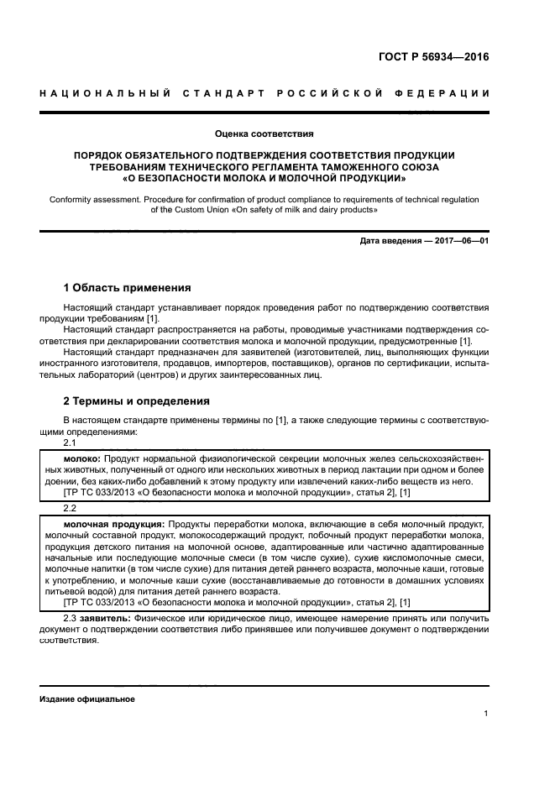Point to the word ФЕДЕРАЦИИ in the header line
(445, 92)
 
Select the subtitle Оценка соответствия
(264, 133)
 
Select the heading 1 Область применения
(128, 288)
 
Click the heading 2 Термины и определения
(131, 401)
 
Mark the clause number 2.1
(71, 442)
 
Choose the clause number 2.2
(71, 509)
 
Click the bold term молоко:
(82, 459)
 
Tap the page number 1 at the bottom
(486, 714)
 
